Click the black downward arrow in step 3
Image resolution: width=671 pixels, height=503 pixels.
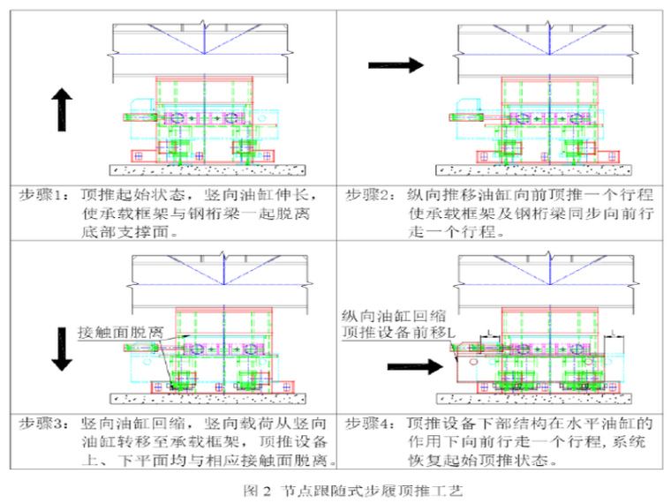(61, 349)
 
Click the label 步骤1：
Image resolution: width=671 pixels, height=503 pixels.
(43, 194)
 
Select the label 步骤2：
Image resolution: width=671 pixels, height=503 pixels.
(369, 194)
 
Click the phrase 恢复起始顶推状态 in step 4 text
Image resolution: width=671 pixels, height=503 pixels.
(480, 461)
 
